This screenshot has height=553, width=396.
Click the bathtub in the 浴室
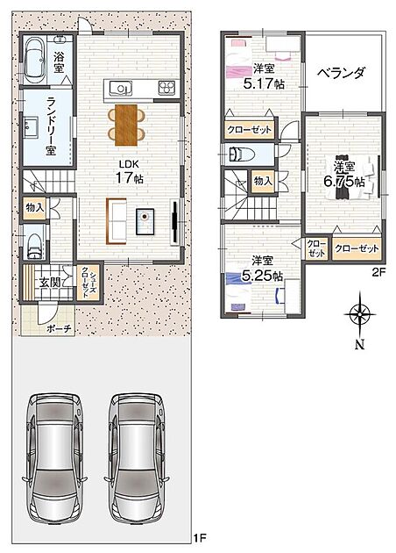pos(35,60)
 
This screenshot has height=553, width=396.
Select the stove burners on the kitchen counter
pos(166,88)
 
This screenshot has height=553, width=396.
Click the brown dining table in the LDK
pos(125,125)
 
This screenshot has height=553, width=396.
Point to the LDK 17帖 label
pos(130,173)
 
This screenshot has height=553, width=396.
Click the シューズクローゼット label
pos(89,283)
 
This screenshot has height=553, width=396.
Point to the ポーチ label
pos(59,329)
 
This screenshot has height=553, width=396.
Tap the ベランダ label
pos(341,73)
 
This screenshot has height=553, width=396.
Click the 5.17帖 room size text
pos(264,83)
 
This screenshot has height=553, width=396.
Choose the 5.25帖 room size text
pos(262,276)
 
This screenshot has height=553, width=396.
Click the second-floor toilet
pos(242,154)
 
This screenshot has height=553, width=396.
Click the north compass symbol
pos(359,314)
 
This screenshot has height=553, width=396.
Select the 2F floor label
pos(379,272)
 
